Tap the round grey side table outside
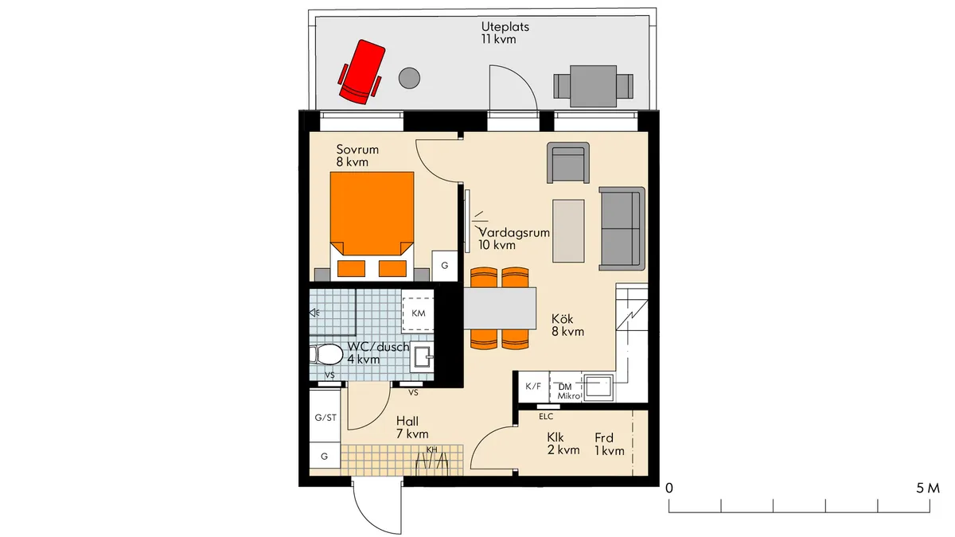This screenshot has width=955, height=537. [408, 77]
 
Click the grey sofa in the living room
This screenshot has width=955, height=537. [621, 228]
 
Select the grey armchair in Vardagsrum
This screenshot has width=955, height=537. [568, 162]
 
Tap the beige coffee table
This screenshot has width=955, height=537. [569, 231]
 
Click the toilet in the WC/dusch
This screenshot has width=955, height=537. [327, 354]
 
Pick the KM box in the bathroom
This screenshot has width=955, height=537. [418, 313]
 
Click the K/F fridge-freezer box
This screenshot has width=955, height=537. [532, 387]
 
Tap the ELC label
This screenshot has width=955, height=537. [546, 416]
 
